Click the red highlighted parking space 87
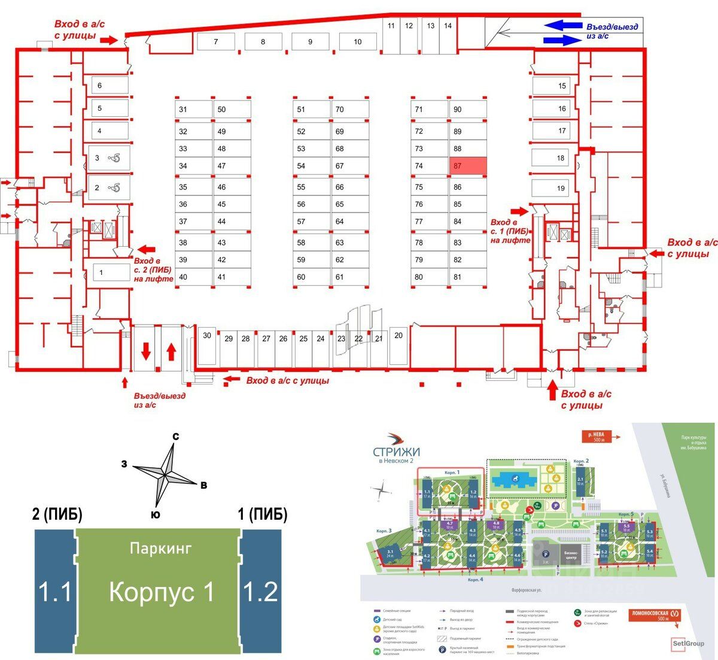(x=468, y=166)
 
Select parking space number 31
(x=193, y=110)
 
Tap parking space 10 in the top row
(x=358, y=42)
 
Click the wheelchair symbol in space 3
(x=114, y=158)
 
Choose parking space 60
(x=311, y=277)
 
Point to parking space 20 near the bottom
(x=398, y=346)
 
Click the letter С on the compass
(x=176, y=437)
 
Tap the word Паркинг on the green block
(x=160, y=548)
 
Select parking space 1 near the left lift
(x=108, y=273)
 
